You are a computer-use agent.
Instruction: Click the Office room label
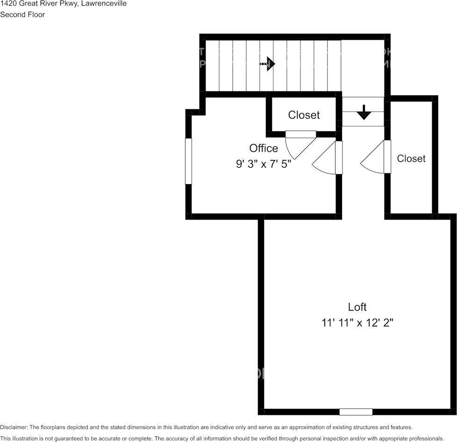[x=264, y=148]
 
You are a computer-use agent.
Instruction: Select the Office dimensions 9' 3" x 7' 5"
[x=264, y=164]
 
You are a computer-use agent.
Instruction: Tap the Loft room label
[x=357, y=307]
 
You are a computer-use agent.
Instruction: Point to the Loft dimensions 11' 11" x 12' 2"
[x=357, y=323]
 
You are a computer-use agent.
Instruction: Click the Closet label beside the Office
[x=304, y=115]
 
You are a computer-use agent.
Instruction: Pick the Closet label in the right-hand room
[x=411, y=158]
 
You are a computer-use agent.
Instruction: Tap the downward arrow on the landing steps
[x=363, y=112]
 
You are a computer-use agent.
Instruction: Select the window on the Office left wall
[x=189, y=161]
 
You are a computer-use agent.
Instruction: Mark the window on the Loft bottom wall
[x=356, y=412]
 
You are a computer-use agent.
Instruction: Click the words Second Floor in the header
[x=22, y=14]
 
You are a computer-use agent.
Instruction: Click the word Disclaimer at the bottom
[x=14, y=427]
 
